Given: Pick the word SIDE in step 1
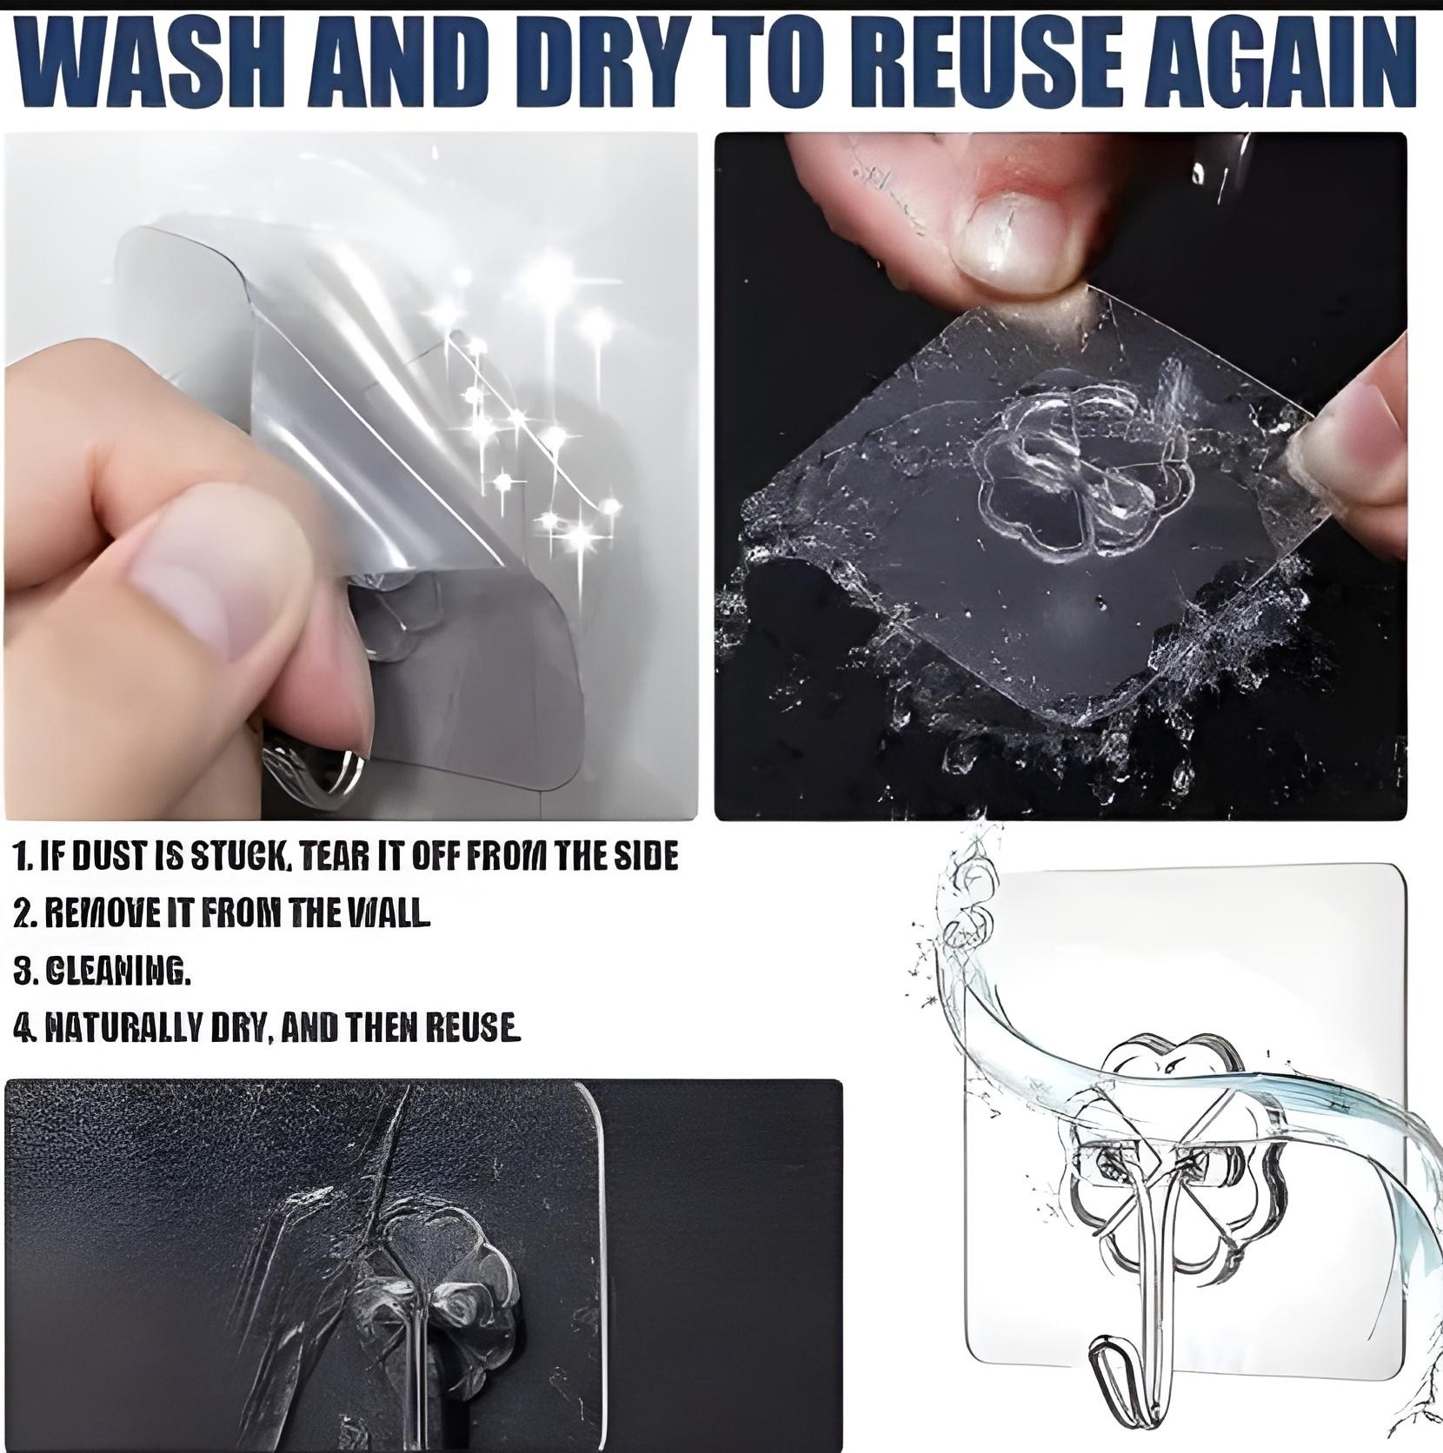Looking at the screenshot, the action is coord(648,857).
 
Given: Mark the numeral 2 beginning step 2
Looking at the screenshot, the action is coord(22,912).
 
